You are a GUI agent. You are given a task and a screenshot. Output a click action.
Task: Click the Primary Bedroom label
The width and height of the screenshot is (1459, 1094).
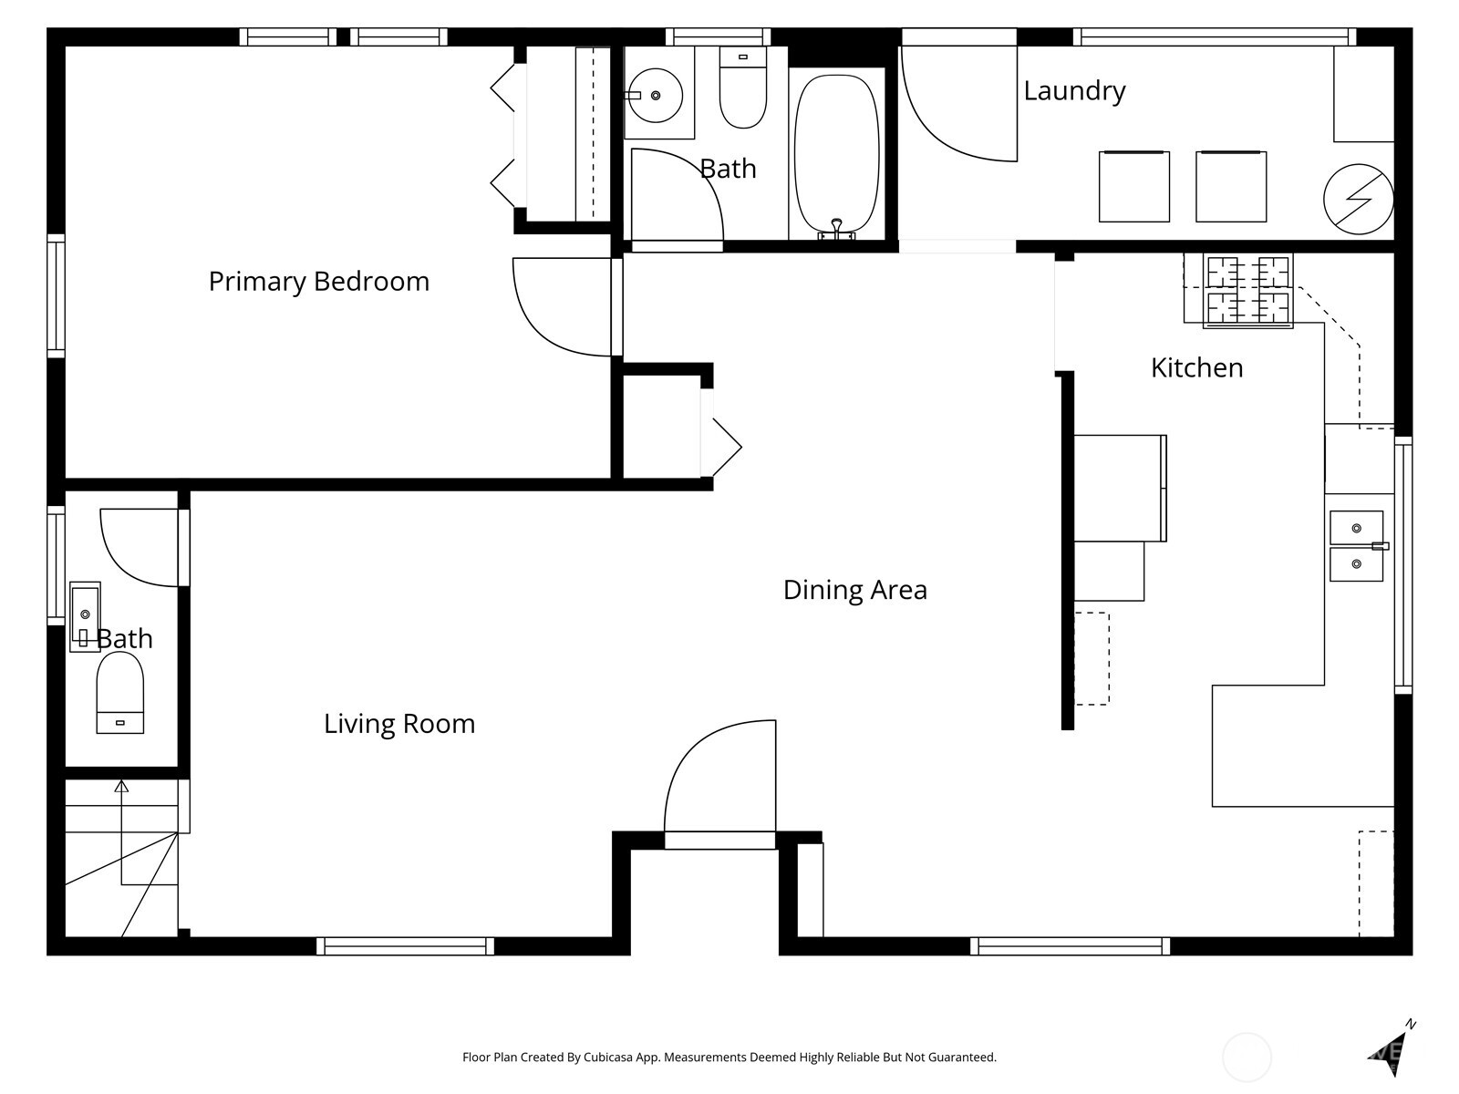[318, 281]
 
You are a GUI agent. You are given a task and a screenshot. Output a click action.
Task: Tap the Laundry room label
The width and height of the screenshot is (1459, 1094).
[1074, 90]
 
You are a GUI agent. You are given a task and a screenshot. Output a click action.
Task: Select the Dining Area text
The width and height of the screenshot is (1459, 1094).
[854, 590]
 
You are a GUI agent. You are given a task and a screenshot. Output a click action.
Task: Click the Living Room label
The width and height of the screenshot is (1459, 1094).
[399, 724]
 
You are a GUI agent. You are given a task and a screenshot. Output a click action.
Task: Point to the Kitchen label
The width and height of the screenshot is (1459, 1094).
[1196, 367]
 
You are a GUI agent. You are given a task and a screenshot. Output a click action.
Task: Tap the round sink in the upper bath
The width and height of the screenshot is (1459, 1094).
[655, 95]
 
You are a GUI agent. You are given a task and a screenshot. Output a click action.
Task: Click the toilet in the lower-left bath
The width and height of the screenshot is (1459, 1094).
[120, 693]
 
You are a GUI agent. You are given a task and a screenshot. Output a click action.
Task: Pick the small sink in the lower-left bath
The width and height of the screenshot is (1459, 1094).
[85, 615]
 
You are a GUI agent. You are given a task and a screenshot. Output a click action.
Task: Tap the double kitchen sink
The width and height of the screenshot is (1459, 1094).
[1356, 545]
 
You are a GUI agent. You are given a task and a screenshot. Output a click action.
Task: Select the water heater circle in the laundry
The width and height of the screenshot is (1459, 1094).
[1358, 199]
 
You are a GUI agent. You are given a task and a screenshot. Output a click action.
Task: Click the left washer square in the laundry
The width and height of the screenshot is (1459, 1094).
[1133, 187]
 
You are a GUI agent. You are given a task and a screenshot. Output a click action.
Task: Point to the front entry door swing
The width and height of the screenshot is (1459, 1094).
[720, 779]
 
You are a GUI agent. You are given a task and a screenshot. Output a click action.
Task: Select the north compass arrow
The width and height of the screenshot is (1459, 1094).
[1395, 1048]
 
